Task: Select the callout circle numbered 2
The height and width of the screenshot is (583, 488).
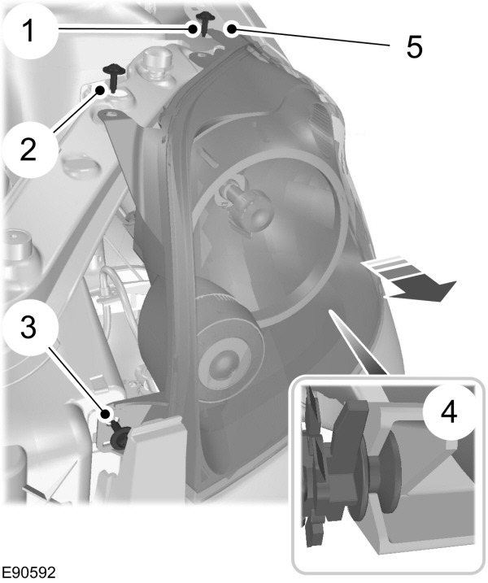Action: click(x=27, y=149)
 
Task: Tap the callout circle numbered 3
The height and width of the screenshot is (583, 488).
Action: click(x=27, y=329)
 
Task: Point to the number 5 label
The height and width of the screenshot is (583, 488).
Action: click(x=414, y=47)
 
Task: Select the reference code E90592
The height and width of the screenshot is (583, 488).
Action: click(x=29, y=572)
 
